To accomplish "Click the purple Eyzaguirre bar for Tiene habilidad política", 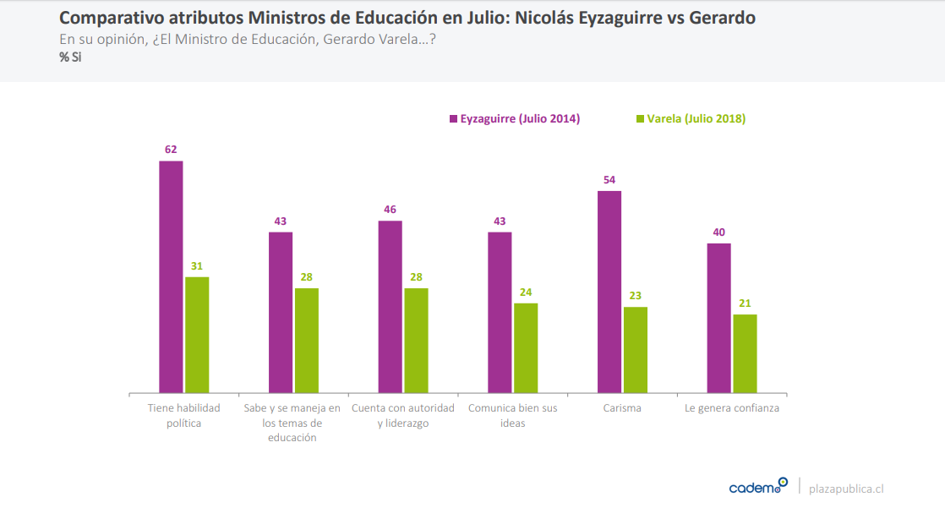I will pyautogui.click(x=171, y=276).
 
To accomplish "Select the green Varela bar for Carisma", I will pyautogui.click(x=636, y=350).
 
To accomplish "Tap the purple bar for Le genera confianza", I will pyautogui.click(x=719, y=318).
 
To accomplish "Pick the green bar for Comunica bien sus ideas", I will pyautogui.click(x=526, y=348).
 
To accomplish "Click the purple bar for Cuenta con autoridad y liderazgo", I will pyautogui.click(x=391, y=307).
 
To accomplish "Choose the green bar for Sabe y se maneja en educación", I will pyautogui.click(x=307, y=341).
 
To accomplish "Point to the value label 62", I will pyautogui.click(x=171, y=150).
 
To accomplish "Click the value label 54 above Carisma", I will pyautogui.click(x=609, y=180).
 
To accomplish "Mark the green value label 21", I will pyautogui.click(x=745, y=303).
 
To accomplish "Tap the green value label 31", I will pyautogui.click(x=197, y=266).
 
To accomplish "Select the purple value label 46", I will pyautogui.click(x=390, y=210).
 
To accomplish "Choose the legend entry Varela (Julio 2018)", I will pyautogui.click(x=691, y=119).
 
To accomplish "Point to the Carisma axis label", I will pyautogui.click(x=623, y=408).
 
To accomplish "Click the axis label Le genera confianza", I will pyautogui.click(x=732, y=408).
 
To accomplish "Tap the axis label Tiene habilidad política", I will pyautogui.click(x=184, y=415).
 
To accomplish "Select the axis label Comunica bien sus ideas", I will pyautogui.click(x=513, y=415).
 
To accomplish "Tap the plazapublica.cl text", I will pyautogui.click(x=846, y=489).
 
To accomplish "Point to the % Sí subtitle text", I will pyautogui.click(x=71, y=57).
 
